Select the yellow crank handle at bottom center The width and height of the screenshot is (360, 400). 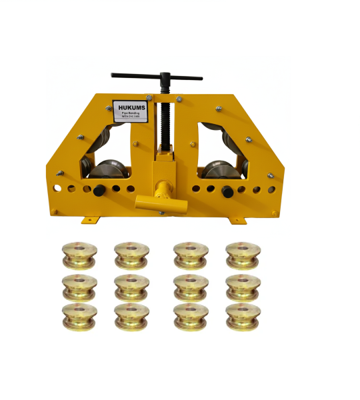pyautogui.click(x=157, y=200)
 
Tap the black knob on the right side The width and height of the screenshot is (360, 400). pyautogui.click(x=227, y=191)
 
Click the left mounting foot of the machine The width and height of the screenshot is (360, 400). pyautogui.click(x=91, y=219)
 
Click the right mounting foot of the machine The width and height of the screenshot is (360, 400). pyautogui.click(x=237, y=219)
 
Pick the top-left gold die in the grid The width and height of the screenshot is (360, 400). pyautogui.click(x=79, y=254)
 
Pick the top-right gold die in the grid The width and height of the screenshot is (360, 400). pyautogui.click(x=243, y=254)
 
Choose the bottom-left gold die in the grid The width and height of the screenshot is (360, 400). pyautogui.click(x=79, y=316)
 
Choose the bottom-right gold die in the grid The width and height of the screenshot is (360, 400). pyautogui.click(x=243, y=316)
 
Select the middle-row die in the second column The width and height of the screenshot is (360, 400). pyautogui.click(x=131, y=287)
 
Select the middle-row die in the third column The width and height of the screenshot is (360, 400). pyautogui.click(x=191, y=287)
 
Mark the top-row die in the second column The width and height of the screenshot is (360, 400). pyautogui.click(x=131, y=254)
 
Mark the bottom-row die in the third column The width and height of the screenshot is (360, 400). pyautogui.click(x=191, y=316)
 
